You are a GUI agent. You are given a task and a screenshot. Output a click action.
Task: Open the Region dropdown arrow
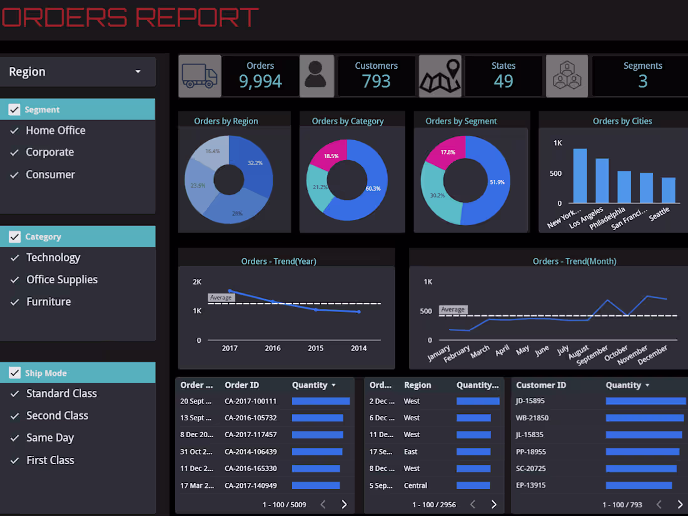click(x=138, y=72)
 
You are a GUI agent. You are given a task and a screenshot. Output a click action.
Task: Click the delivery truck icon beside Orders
click(x=200, y=76)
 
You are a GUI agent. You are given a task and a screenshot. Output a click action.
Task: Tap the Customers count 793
click(x=376, y=81)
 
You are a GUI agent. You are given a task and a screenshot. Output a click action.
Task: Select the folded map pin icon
click(x=440, y=76)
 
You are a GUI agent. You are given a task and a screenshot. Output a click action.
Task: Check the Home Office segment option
click(x=55, y=131)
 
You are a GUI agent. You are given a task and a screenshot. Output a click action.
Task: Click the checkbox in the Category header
click(x=14, y=237)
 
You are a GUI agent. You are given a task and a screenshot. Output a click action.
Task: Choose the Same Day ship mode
click(x=49, y=438)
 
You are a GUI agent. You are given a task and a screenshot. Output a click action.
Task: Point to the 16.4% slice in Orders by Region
click(x=211, y=154)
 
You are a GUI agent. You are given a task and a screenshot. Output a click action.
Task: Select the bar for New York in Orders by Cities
click(x=580, y=176)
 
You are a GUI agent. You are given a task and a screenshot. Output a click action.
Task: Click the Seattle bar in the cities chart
click(x=669, y=190)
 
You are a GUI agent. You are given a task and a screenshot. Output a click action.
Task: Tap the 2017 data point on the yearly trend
click(x=230, y=291)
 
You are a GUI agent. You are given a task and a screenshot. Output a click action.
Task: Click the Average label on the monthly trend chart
click(x=453, y=310)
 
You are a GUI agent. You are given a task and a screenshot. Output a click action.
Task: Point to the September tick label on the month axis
click(x=592, y=357)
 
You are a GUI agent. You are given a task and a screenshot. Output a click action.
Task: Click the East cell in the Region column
click(x=411, y=452)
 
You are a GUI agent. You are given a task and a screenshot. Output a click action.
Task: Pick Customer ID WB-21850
click(x=532, y=418)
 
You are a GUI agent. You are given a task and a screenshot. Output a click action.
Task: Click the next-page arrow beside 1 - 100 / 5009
click(x=344, y=504)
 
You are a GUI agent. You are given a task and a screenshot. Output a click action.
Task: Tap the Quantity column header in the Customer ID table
click(x=623, y=385)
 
